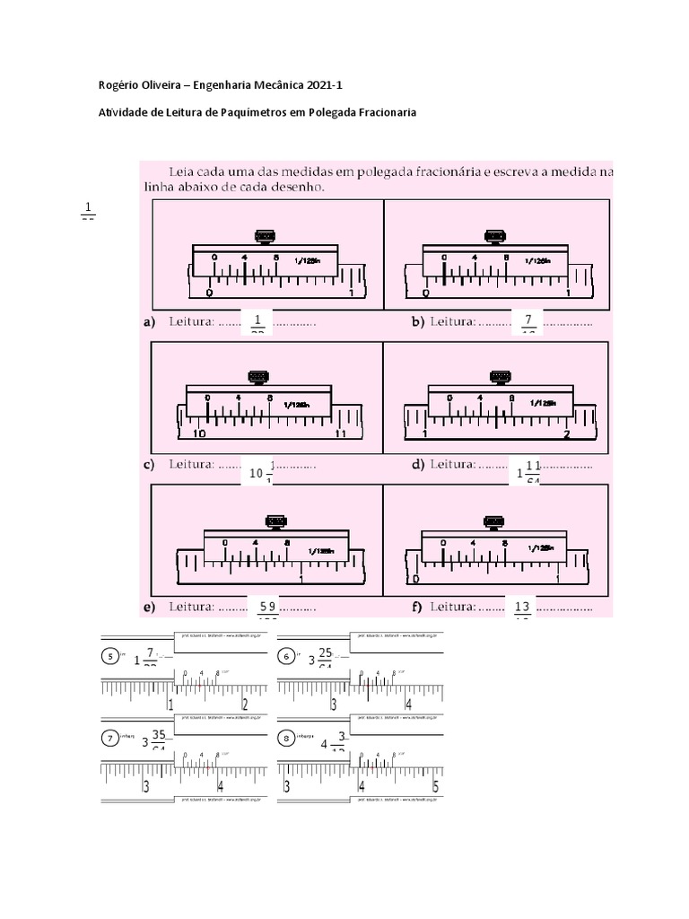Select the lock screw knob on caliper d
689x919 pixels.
click(x=498, y=376)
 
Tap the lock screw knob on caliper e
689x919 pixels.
click(x=275, y=521)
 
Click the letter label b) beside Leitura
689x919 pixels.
click(x=418, y=320)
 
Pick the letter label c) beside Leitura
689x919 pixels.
click(x=149, y=464)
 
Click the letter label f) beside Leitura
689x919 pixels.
click(x=417, y=607)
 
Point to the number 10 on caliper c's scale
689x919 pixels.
click(x=198, y=433)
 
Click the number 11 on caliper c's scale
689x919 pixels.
click(x=340, y=433)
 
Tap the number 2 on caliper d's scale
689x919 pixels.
click(x=567, y=434)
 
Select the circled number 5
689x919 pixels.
click(x=110, y=656)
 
